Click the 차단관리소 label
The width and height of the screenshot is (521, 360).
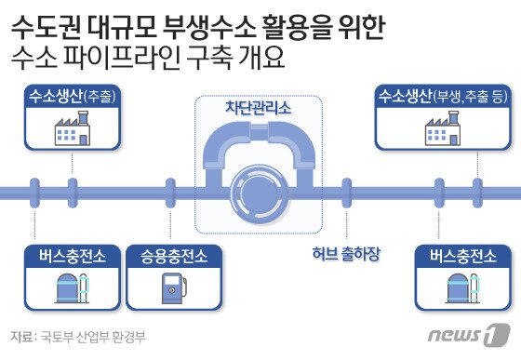258,109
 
